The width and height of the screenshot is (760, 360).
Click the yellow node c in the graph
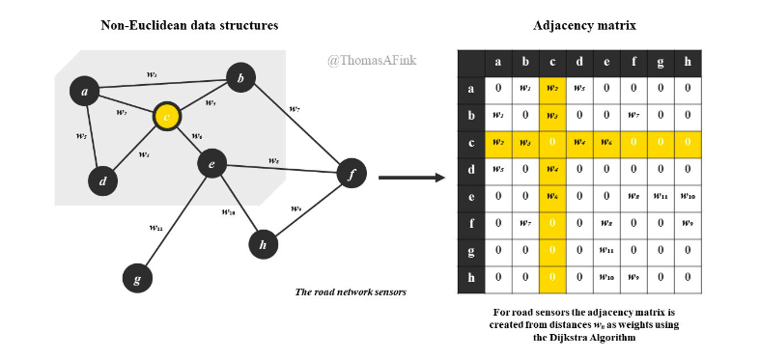click(167, 118)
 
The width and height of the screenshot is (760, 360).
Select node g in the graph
click(137, 280)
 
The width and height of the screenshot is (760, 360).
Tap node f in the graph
click(352, 175)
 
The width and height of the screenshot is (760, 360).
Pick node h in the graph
click(262, 245)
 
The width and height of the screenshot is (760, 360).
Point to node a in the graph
click(85, 92)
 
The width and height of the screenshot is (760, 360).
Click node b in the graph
click(240, 76)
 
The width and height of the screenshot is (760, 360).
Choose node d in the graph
click(101, 180)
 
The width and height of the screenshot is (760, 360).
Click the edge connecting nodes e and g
click(174, 222)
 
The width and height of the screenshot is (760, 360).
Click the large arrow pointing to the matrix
click(409, 177)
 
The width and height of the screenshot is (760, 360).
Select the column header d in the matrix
click(579, 63)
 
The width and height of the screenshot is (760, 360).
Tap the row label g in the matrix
click(470, 250)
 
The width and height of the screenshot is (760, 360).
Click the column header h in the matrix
click(688, 63)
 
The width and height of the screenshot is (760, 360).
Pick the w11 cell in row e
click(661, 196)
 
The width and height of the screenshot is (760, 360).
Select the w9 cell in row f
click(688, 223)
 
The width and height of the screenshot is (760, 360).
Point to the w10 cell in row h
click(606, 277)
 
